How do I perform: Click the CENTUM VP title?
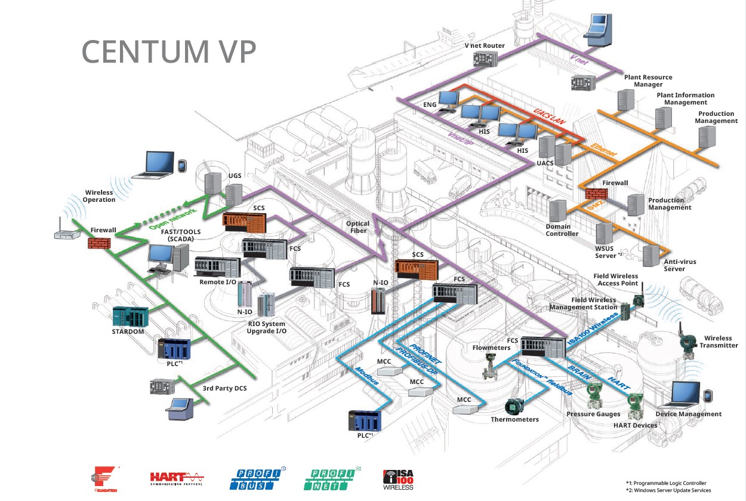[169, 52]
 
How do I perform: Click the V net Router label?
[485, 46]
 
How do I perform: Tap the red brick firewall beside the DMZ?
[596, 194]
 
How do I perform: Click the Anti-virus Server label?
[680, 265]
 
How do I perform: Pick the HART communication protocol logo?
[177, 478]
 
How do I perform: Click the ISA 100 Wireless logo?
[398, 480]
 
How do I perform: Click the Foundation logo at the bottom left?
[105, 480]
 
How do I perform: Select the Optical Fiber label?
[358, 227]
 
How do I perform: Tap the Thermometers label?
[514, 419]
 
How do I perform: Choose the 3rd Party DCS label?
[224, 389]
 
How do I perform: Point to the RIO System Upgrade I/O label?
[267, 327]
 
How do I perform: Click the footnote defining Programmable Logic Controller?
[665, 483]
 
